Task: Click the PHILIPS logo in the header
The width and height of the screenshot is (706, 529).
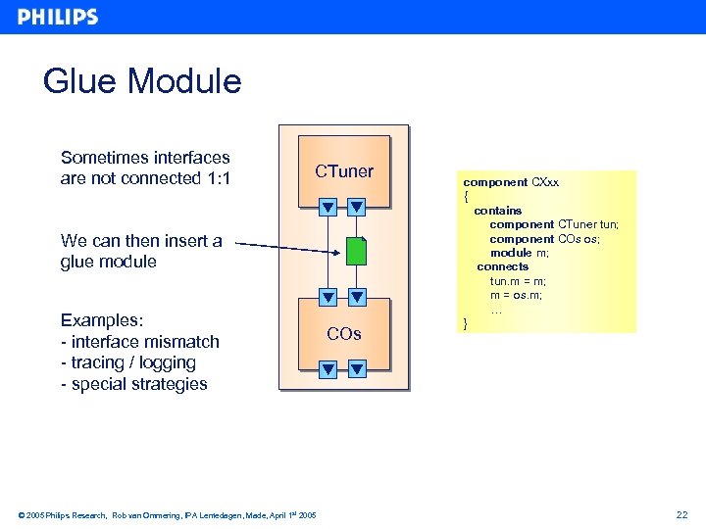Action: tap(58, 17)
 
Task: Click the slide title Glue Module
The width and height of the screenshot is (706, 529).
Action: tap(142, 80)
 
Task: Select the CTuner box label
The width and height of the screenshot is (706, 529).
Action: tap(344, 171)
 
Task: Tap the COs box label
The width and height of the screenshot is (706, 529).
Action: tap(344, 334)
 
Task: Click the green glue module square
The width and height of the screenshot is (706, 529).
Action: tap(356, 251)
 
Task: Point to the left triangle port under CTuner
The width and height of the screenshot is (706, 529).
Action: tap(328, 207)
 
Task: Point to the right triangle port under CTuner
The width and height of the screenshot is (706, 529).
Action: tap(357, 207)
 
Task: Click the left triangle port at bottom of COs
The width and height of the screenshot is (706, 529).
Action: tap(328, 369)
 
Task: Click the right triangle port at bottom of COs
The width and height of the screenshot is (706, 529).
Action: tap(357, 369)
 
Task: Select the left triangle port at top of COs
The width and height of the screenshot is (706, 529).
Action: tap(328, 297)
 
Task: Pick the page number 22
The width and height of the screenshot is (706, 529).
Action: tap(682, 515)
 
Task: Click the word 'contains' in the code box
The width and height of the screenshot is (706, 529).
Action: tap(497, 211)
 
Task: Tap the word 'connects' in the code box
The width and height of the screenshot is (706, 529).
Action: tap(502, 266)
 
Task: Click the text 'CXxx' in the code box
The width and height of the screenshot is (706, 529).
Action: tap(545, 182)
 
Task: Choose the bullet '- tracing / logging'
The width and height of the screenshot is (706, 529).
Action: tap(128, 362)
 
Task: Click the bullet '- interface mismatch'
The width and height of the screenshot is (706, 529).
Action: tap(139, 342)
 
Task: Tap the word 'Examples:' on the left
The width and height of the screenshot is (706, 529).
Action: tap(102, 320)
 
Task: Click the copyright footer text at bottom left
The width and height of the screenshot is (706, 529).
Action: tap(167, 515)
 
